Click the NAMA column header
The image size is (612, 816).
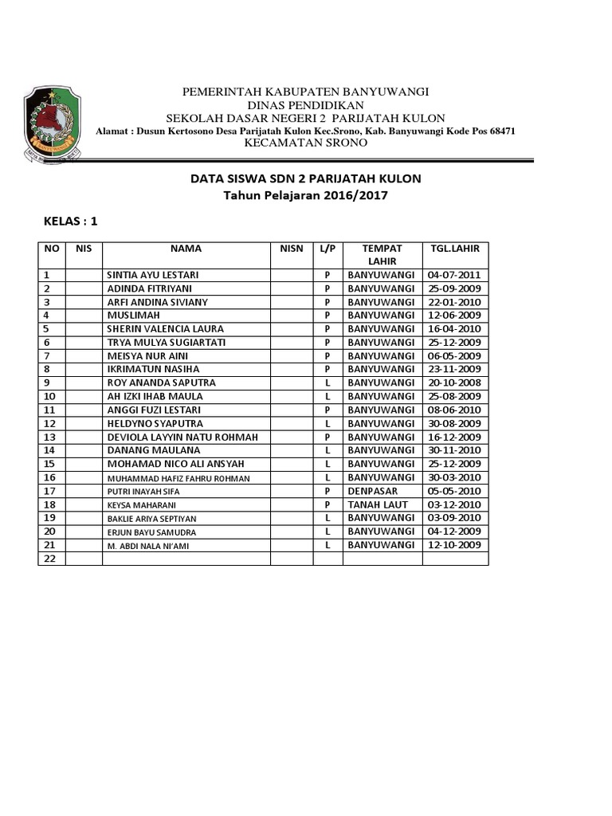[186, 249]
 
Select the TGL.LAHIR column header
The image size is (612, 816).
[455, 249]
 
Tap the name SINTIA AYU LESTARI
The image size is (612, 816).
[153, 275]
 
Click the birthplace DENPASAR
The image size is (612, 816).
[373, 492]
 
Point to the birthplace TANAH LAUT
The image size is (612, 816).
[378, 505]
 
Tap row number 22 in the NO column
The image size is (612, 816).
[49, 559]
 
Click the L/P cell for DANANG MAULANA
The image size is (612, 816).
[328, 451]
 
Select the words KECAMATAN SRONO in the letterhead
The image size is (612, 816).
[305, 143]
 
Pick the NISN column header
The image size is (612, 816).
[291, 249]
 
